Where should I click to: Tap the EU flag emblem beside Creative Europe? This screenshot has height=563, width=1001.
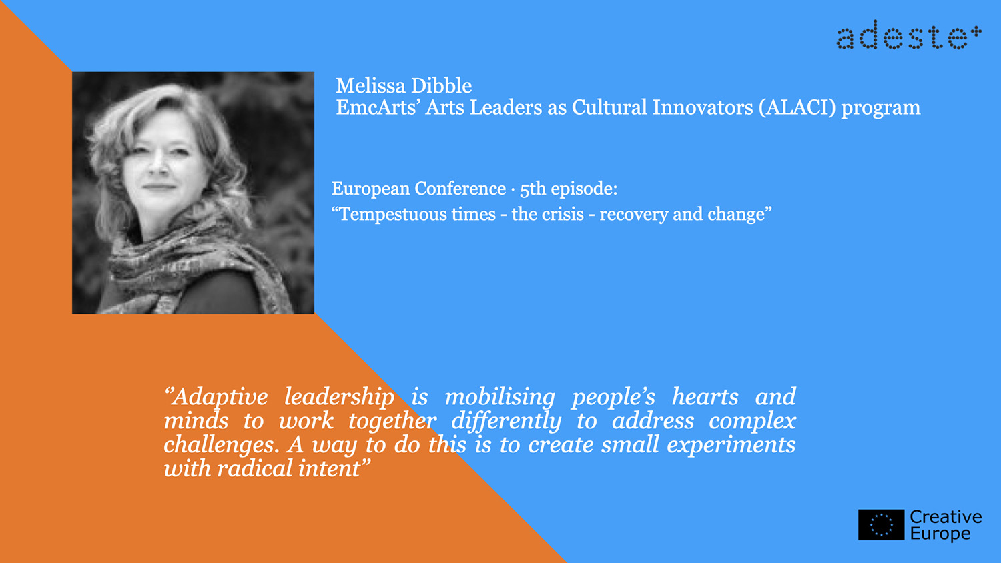click(882, 524)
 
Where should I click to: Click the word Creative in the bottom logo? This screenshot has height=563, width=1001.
click(946, 517)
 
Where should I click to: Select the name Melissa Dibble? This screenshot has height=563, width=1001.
click(404, 86)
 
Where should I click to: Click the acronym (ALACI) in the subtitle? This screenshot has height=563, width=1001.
click(797, 107)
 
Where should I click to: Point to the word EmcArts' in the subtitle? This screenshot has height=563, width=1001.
click(376, 107)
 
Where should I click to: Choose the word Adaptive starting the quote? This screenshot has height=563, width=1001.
click(216, 397)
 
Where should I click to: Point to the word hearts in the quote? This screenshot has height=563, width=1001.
click(705, 397)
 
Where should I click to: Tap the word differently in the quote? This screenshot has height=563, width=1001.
click(506, 422)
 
